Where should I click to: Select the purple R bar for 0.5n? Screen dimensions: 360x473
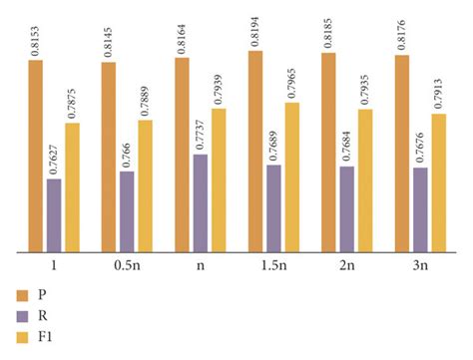[x=127, y=212]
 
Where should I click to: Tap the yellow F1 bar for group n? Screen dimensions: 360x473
[x=219, y=180]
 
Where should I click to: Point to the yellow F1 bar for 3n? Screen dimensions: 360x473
[x=438, y=183]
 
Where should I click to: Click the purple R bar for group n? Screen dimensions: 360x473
[x=201, y=203]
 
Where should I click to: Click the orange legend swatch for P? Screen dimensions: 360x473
[x=22, y=295]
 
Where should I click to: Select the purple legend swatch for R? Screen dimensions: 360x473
[x=22, y=317]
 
